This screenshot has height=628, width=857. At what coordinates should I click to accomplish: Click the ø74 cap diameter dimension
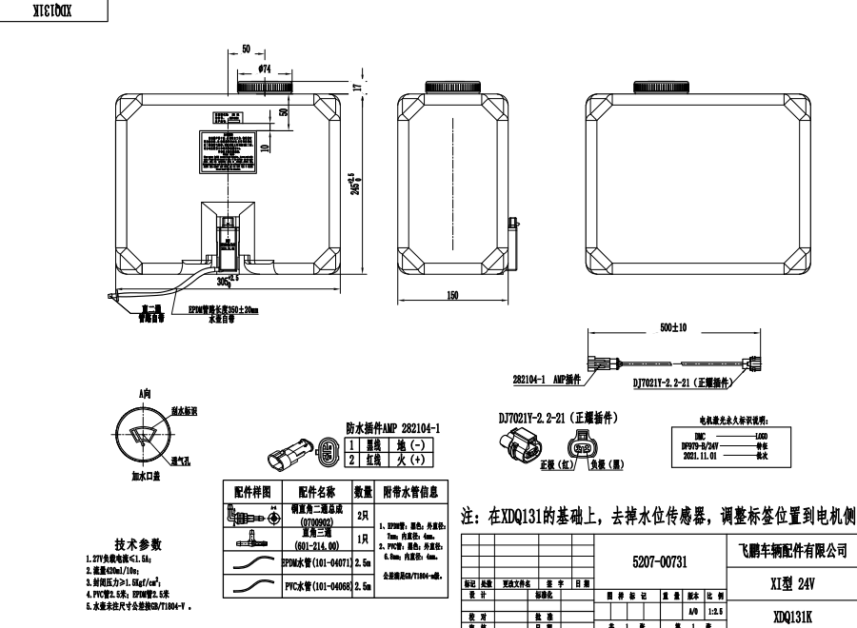click(264, 69)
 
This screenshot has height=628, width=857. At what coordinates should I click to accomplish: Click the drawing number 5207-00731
click(659, 563)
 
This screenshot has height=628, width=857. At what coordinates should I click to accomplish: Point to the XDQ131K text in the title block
click(791, 616)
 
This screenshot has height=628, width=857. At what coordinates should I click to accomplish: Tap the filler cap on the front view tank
click(264, 88)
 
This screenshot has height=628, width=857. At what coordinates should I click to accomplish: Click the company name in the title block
click(791, 550)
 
